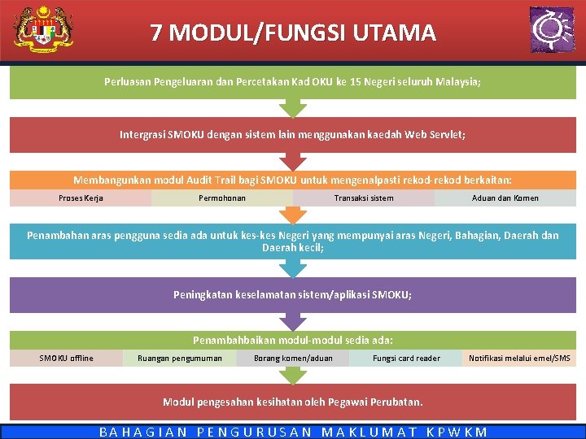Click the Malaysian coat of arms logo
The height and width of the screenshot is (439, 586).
point(43,30)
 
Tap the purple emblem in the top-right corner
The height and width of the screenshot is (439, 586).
point(551,30)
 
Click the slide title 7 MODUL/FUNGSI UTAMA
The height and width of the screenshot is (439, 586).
point(293,33)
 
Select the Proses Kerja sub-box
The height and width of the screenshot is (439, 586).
point(81,198)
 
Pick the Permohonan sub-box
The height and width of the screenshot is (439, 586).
point(222,198)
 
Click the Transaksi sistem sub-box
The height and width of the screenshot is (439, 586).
point(364,198)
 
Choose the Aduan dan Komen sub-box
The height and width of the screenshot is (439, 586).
point(505,198)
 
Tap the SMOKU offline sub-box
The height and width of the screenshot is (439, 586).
point(67,358)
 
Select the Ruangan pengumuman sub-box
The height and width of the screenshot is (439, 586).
point(180,358)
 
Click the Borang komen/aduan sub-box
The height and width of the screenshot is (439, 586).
point(293,358)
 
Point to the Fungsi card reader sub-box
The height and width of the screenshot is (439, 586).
point(406,358)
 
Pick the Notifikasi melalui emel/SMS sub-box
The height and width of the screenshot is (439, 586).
point(519,358)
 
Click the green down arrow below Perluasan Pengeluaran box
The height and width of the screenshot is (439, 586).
point(292,108)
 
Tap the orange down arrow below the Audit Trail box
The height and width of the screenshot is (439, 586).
point(292,215)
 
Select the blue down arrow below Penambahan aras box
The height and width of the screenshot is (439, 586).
point(292,269)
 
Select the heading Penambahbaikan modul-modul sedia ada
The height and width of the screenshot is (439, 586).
point(293,340)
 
